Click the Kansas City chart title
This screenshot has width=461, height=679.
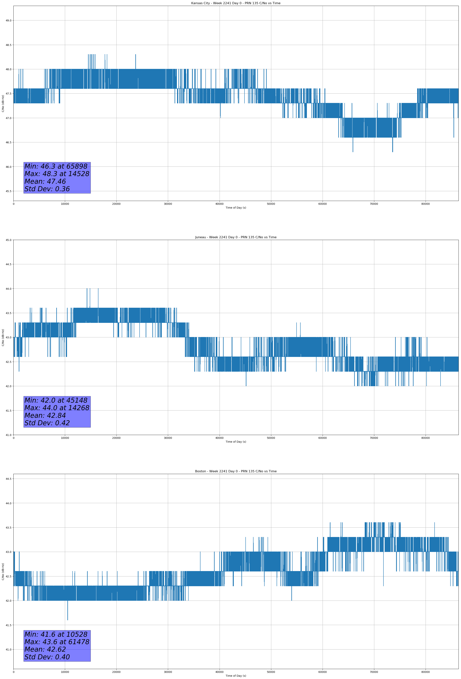236,3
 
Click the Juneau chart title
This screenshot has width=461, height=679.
236,237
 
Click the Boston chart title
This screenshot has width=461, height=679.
236,471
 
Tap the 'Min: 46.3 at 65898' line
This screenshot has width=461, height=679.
56,166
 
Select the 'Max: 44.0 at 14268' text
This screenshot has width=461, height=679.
57,408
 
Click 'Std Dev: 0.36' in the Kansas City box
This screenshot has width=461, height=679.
47,189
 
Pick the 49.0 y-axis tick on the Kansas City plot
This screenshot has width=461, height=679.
8,20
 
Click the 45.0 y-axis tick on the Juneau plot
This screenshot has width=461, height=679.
8,240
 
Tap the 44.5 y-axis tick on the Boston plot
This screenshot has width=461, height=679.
8,479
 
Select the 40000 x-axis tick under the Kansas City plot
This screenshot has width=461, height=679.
219,204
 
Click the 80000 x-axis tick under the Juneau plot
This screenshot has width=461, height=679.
425,438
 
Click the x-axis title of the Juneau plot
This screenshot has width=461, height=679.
236,442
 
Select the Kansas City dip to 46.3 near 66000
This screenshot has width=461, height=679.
353,145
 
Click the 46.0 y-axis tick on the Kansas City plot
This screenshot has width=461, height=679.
8,167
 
